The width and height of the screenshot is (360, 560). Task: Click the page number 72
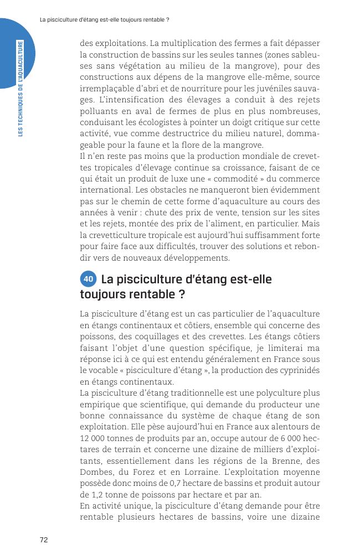44,540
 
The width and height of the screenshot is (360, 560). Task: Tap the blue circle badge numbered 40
88,279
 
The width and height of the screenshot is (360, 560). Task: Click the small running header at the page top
105,20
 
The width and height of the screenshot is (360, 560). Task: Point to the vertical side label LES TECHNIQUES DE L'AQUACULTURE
20,89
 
